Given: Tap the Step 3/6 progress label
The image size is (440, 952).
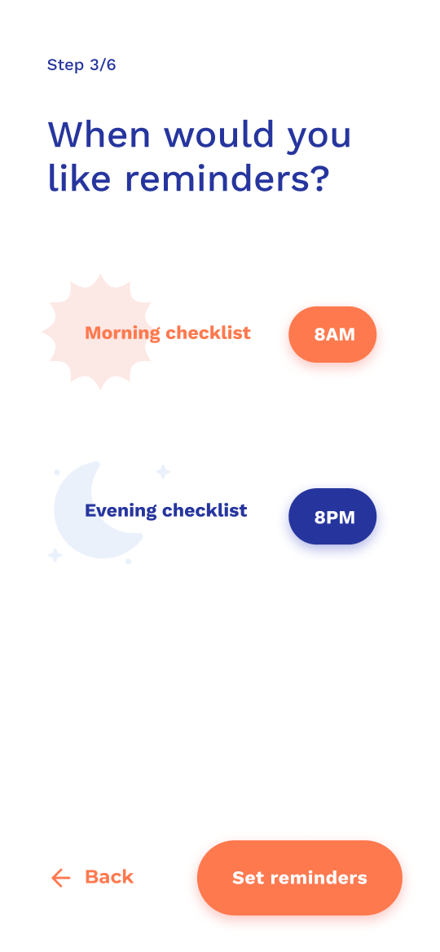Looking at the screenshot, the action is pyautogui.click(x=81, y=65).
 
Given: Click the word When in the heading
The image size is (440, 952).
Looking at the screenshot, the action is pyautogui.click(x=99, y=134).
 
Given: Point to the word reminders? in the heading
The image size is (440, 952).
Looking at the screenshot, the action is pyautogui.click(x=227, y=178).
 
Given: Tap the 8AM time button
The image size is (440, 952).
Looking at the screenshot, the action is pyautogui.click(x=332, y=334).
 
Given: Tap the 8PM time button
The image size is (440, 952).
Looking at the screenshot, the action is pyautogui.click(x=332, y=517).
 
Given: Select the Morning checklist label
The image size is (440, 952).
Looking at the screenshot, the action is pyautogui.click(x=168, y=333).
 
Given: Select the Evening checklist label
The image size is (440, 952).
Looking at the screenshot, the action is pyautogui.click(x=165, y=510).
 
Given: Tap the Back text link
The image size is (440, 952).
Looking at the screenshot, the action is pyautogui.click(x=109, y=877).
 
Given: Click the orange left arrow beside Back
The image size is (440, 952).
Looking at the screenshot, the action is pyautogui.click(x=60, y=878).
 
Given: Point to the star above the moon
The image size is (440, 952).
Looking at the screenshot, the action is pyautogui.click(x=163, y=472).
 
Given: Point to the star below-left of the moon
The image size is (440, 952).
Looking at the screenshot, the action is pyautogui.click(x=55, y=555).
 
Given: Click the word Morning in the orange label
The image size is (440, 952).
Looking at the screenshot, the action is pyautogui.click(x=122, y=333).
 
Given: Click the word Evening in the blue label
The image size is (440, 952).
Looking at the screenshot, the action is pyautogui.click(x=121, y=510).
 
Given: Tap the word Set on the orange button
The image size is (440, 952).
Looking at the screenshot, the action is pyautogui.click(x=249, y=878).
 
